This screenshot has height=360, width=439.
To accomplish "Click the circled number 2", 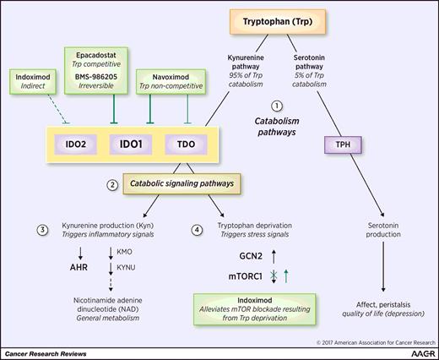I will [x=112, y=183].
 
